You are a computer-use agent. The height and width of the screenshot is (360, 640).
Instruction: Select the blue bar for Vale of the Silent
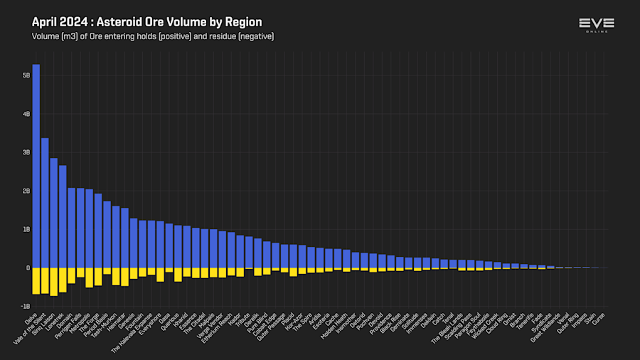coord(45,203)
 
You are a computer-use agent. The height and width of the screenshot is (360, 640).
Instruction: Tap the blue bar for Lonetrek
coord(63,216)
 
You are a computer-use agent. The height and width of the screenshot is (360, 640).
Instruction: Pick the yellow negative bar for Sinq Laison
coord(54,281)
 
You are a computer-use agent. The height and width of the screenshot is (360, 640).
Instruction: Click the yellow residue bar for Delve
coord(36,280)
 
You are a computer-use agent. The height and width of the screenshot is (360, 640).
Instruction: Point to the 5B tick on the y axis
coord(26,75)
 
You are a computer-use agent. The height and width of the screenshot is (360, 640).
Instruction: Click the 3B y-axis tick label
coord(26,152)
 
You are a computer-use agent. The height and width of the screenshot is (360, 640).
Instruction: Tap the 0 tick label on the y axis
coord(28,268)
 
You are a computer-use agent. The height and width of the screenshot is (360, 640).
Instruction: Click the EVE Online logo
coord(597,26)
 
